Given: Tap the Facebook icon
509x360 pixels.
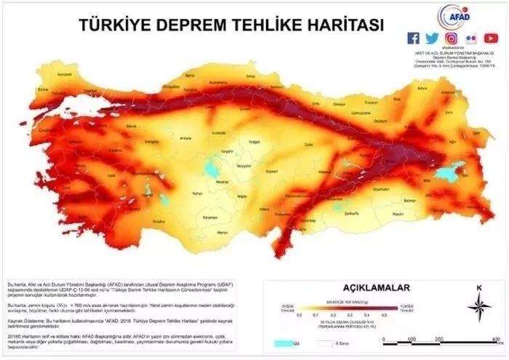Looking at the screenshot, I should [414, 38].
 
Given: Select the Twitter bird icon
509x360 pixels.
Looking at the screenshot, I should [433, 38].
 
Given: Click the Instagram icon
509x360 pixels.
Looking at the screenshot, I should [452, 38].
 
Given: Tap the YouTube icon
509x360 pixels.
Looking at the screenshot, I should [491, 38].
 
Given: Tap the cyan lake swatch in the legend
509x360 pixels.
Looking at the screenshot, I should [282, 342].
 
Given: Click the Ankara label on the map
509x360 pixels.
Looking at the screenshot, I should [185, 137].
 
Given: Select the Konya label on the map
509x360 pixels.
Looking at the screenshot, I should [196, 194].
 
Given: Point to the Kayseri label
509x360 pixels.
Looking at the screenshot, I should [272, 171].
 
